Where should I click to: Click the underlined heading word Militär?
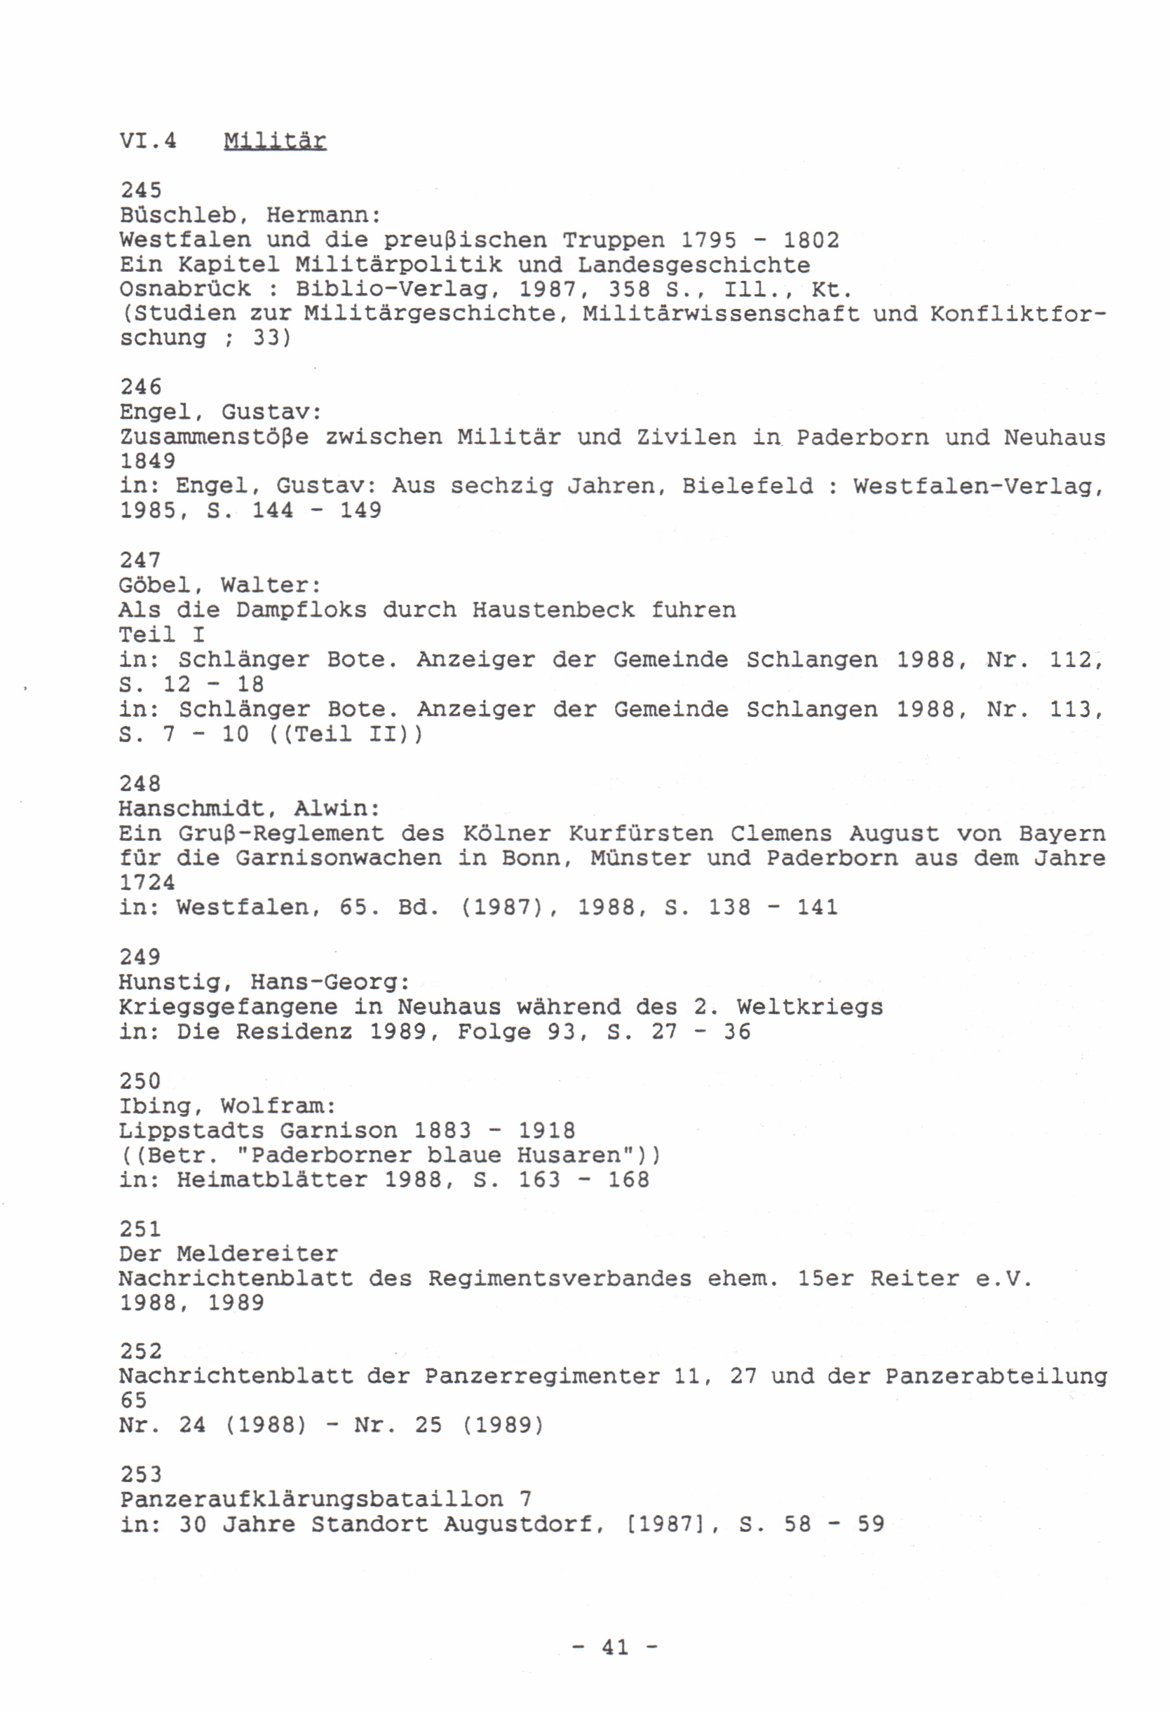coord(274,140)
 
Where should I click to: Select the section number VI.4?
coord(149,140)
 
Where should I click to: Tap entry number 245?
coord(141,191)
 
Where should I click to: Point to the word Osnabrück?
coord(184,289)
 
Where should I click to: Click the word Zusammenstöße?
coord(214,437)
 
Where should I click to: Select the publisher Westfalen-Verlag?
coord(977,486)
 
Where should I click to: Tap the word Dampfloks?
coord(301,610)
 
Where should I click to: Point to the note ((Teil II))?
coord(345,734)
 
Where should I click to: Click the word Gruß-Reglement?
coord(281,833)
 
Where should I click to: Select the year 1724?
coord(147,883)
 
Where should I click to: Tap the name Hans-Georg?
coord(329,982)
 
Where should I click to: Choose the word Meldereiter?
coord(257,1254)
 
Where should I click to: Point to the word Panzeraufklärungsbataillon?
coord(311,1500)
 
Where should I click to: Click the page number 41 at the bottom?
coord(616,1647)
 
